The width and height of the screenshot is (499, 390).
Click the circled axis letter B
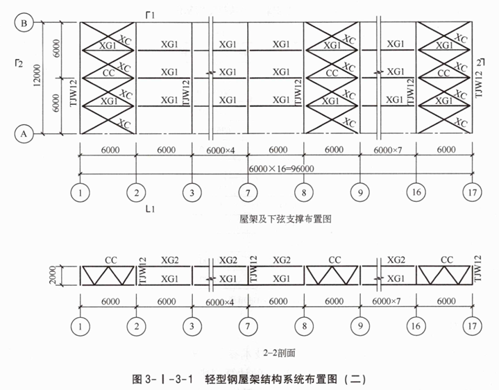[x=23, y=23]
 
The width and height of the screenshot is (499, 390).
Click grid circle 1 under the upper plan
[x=81, y=192]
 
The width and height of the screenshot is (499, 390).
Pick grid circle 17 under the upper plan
[x=473, y=192]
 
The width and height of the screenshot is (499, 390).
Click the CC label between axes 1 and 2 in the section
[x=110, y=260]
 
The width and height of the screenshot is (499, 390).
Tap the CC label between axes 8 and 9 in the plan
[x=332, y=73]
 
